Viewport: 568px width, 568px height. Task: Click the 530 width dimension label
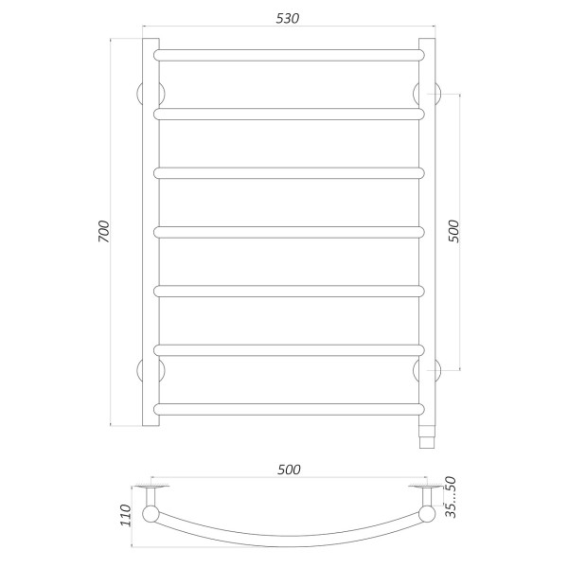click(x=289, y=21)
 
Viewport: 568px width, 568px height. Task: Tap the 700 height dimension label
click(x=104, y=232)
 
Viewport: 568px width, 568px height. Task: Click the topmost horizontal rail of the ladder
click(x=289, y=54)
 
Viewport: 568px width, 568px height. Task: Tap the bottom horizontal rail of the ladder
click(x=289, y=409)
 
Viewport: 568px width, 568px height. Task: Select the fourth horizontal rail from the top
click(x=289, y=231)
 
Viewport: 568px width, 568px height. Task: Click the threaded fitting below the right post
click(x=426, y=435)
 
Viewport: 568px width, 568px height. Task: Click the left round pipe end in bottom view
click(x=151, y=515)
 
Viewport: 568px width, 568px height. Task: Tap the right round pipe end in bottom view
click(x=426, y=515)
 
